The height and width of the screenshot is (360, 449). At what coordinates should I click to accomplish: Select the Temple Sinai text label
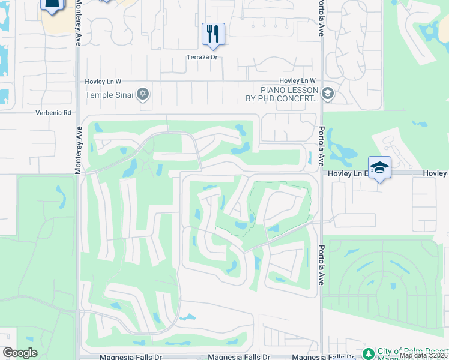(x=111, y=95)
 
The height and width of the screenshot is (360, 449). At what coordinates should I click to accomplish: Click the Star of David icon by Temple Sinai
(x=143, y=94)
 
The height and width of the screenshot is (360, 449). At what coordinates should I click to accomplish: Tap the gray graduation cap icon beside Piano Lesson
(x=327, y=94)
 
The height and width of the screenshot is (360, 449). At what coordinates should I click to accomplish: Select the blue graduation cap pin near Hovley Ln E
(x=379, y=167)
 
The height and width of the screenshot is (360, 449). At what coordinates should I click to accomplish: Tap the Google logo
(x=20, y=353)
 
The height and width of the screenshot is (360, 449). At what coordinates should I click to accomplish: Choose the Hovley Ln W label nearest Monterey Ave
(x=104, y=81)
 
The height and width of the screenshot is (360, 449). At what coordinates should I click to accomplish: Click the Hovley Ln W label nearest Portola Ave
(x=298, y=81)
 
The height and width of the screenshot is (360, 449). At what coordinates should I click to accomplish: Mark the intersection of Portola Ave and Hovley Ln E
(x=322, y=173)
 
